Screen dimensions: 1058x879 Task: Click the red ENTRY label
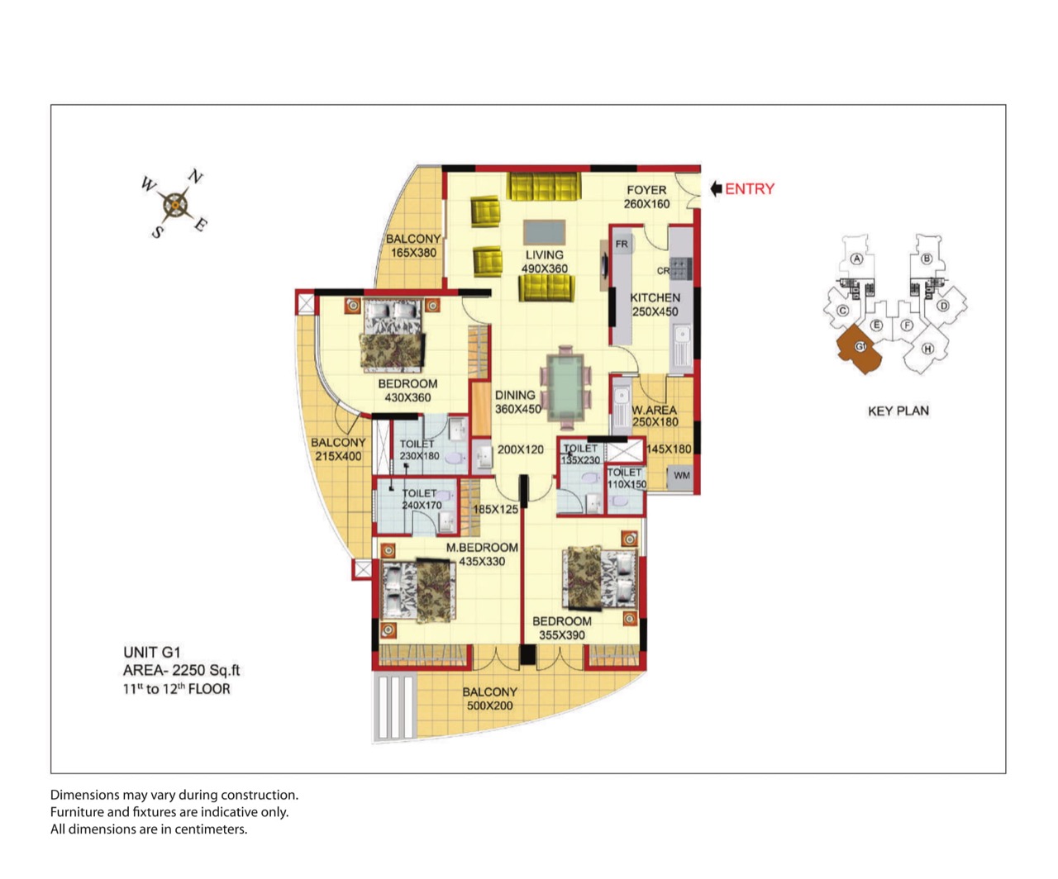tap(750, 189)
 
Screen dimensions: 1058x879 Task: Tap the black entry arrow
tap(716, 189)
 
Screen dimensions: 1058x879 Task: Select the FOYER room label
tap(646, 190)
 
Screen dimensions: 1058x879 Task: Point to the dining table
tap(565, 387)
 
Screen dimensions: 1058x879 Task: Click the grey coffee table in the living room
tap(545, 232)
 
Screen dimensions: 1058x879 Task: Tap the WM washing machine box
tap(680, 477)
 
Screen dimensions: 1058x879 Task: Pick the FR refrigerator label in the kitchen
tap(622, 244)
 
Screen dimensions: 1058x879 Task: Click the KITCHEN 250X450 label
tap(655, 305)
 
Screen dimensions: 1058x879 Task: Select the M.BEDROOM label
tap(482, 548)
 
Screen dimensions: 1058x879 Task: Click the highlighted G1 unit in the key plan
tap(860, 348)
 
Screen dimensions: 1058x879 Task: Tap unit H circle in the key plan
tap(927, 349)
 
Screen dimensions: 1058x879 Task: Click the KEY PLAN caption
tap(898, 411)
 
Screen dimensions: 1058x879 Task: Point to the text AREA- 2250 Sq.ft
tap(181, 670)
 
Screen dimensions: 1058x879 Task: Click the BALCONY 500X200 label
tap(490, 699)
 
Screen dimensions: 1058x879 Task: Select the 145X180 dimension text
tap(669, 449)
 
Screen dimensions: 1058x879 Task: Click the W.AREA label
tap(655, 410)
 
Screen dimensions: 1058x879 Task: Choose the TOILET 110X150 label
tap(627, 478)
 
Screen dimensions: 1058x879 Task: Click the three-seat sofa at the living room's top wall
tap(544, 187)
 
